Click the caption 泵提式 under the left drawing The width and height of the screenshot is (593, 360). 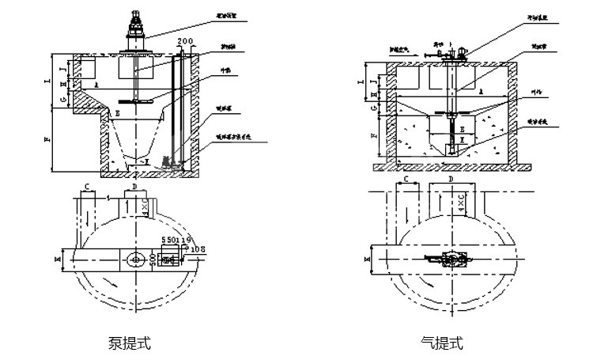[129, 343]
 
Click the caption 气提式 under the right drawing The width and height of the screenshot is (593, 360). [442, 343]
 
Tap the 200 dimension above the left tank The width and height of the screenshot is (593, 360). [185, 40]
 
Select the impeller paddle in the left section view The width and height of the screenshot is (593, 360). [131, 102]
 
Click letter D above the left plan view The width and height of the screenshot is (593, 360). [135, 188]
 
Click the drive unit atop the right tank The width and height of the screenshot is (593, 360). [453, 53]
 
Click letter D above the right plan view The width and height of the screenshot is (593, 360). [450, 180]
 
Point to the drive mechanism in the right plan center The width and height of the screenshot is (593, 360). [450, 259]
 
